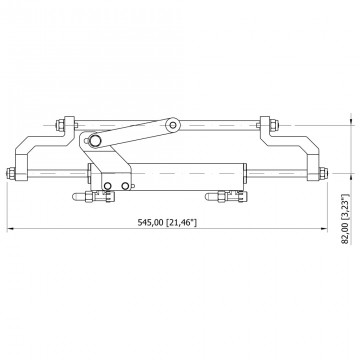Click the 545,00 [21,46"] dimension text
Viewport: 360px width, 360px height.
[167, 222]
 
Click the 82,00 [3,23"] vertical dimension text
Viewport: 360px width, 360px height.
[345, 219]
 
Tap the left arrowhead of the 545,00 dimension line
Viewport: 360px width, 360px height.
[10, 229]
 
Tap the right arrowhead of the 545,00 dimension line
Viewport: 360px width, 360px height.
[324, 229]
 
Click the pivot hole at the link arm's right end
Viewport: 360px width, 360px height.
[173, 125]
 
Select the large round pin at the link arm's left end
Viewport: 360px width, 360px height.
[95, 141]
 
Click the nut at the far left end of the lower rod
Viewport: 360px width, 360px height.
[11, 173]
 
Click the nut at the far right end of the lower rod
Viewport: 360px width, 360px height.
[323, 173]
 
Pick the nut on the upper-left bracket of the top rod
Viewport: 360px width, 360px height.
[61, 125]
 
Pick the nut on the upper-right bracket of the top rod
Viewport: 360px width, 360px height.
[273, 125]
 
